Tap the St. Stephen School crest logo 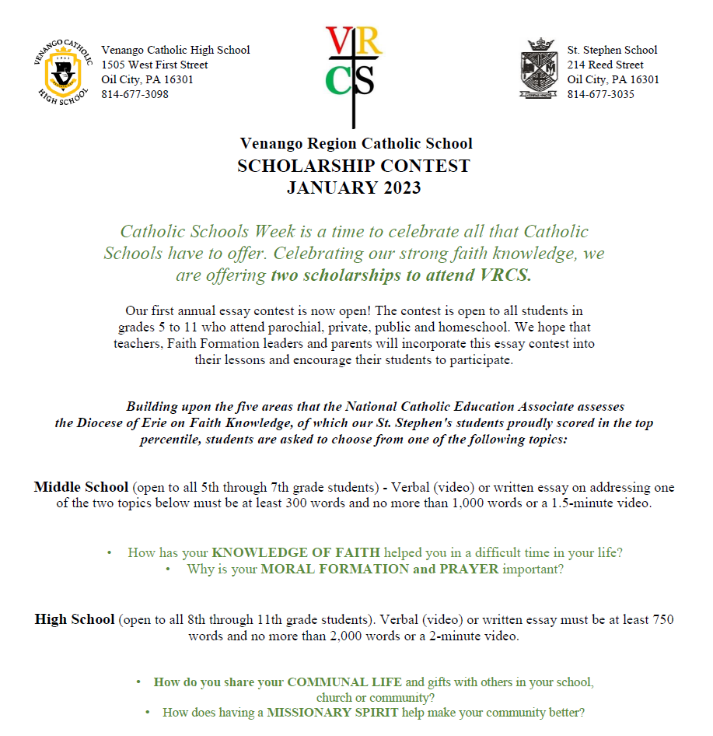(538, 70)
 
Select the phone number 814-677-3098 (135, 94)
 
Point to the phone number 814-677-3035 (600, 94)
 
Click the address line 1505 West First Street (155, 65)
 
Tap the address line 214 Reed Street (605, 65)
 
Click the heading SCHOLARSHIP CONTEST (354, 166)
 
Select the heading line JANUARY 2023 (354, 188)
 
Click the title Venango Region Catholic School (356, 144)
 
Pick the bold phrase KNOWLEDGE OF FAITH (296, 552)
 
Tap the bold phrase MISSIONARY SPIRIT (334, 712)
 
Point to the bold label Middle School (81, 488)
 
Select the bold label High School (75, 620)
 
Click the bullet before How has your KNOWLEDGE (110, 553)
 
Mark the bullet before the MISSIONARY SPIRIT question (148, 713)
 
